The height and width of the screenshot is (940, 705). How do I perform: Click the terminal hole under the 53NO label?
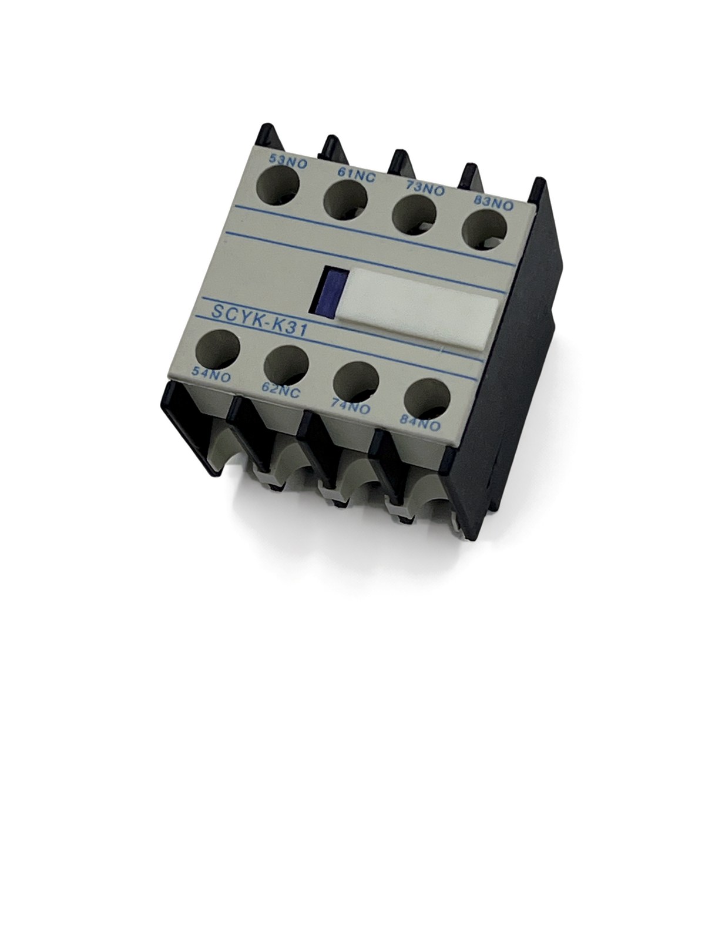point(277,186)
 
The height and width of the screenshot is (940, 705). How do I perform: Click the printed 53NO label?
point(288,160)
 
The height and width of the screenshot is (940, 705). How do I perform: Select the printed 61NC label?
point(356,175)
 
